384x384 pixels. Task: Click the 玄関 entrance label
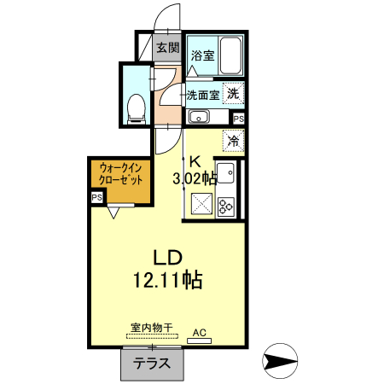pyautogui.click(x=166, y=48)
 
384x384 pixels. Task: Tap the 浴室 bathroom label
pyautogui.click(x=202, y=56)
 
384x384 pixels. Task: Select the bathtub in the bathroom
pyautogui.click(x=231, y=56)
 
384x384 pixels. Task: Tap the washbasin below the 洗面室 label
pyautogui.click(x=199, y=118)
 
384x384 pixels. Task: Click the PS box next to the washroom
pyautogui.click(x=238, y=119)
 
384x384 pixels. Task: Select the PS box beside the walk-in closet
pyautogui.click(x=96, y=197)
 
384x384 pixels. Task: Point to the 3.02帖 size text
pyautogui.click(x=194, y=178)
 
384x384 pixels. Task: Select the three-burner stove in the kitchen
pyautogui.click(x=226, y=206)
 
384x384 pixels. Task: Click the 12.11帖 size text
pyautogui.click(x=167, y=279)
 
